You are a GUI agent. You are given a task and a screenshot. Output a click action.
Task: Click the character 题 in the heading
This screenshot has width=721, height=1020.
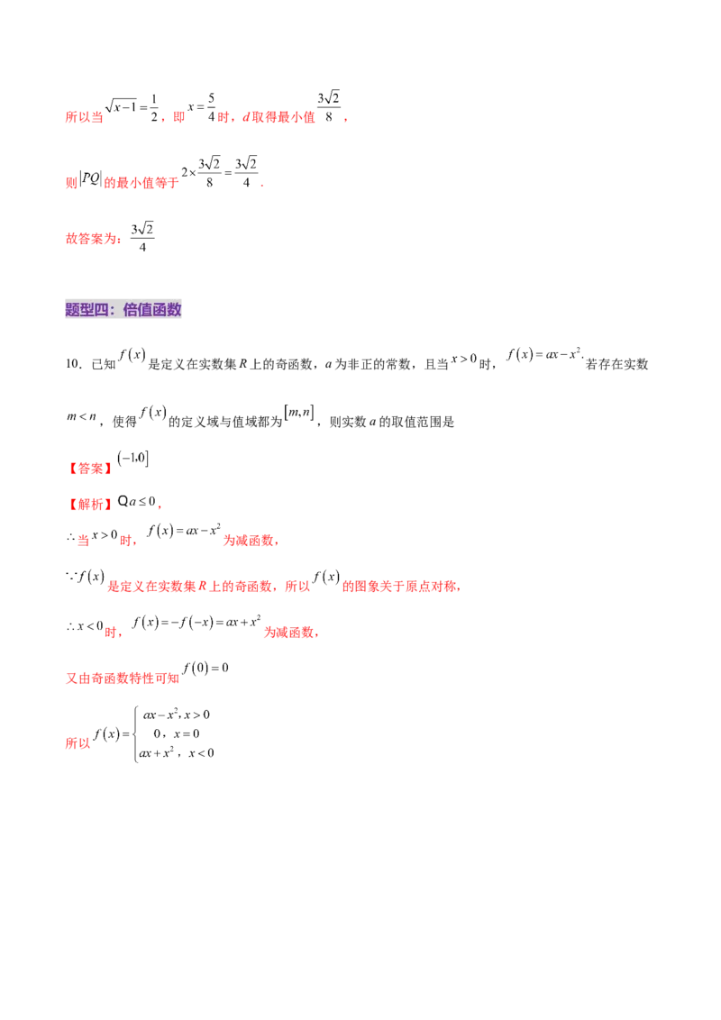pos(73,310)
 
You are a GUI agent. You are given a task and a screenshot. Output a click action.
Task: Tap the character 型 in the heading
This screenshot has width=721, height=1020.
pos(88,310)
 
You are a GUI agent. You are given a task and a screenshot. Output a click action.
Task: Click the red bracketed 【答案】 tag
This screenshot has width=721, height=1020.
pos(89,469)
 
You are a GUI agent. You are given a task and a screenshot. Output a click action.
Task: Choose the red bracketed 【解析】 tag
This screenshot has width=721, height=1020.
pos(89,504)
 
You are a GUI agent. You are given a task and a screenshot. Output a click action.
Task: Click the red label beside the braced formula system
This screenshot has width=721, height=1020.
pos(78,744)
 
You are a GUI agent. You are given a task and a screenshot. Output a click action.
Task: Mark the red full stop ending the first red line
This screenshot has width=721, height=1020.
pos(347,119)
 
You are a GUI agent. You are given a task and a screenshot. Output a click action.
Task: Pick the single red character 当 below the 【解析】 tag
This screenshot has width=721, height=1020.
pos(83,542)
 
